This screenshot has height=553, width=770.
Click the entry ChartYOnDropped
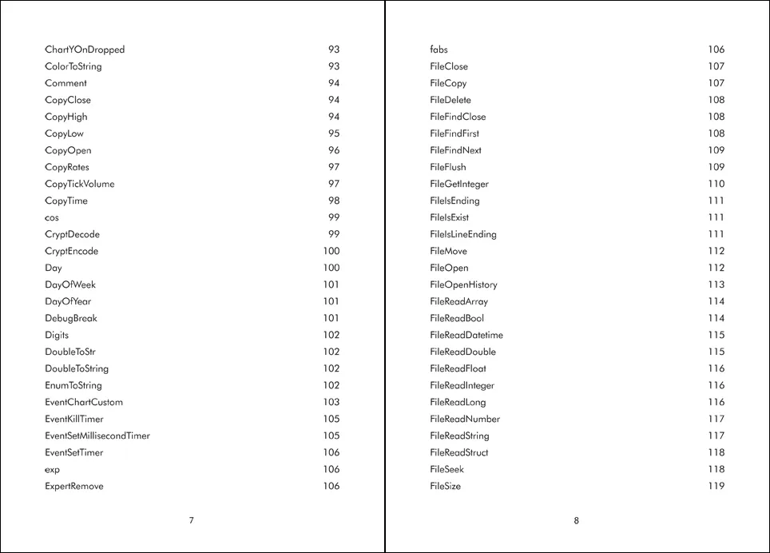click(x=85, y=50)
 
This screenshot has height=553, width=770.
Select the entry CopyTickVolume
click(x=80, y=184)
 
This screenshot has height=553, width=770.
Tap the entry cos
click(x=52, y=217)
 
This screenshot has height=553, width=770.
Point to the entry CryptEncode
click(x=72, y=251)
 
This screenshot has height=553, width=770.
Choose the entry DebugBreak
click(x=71, y=318)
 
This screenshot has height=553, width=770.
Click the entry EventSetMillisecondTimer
click(x=97, y=436)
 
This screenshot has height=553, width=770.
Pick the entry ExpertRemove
click(x=74, y=486)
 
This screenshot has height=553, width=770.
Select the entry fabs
click(x=439, y=50)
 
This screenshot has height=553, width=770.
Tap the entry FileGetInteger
click(x=459, y=184)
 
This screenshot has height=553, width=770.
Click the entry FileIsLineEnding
click(x=463, y=234)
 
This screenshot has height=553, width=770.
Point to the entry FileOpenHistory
click(x=463, y=284)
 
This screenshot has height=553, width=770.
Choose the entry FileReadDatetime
click(x=466, y=335)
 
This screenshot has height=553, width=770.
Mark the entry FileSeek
click(x=447, y=469)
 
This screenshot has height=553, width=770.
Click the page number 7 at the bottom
click(x=191, y=521)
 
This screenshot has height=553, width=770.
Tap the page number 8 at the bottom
click(x=576, y=521)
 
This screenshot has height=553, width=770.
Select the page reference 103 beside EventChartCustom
click(x=331, y=402)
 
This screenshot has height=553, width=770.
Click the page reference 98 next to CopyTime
click(x=334, y=201)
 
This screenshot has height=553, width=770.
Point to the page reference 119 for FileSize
click(x=716, y=486)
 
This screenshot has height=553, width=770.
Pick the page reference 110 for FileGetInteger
click(x=716, y=184)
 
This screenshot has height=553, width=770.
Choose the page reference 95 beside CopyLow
click(x=334, y=133)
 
